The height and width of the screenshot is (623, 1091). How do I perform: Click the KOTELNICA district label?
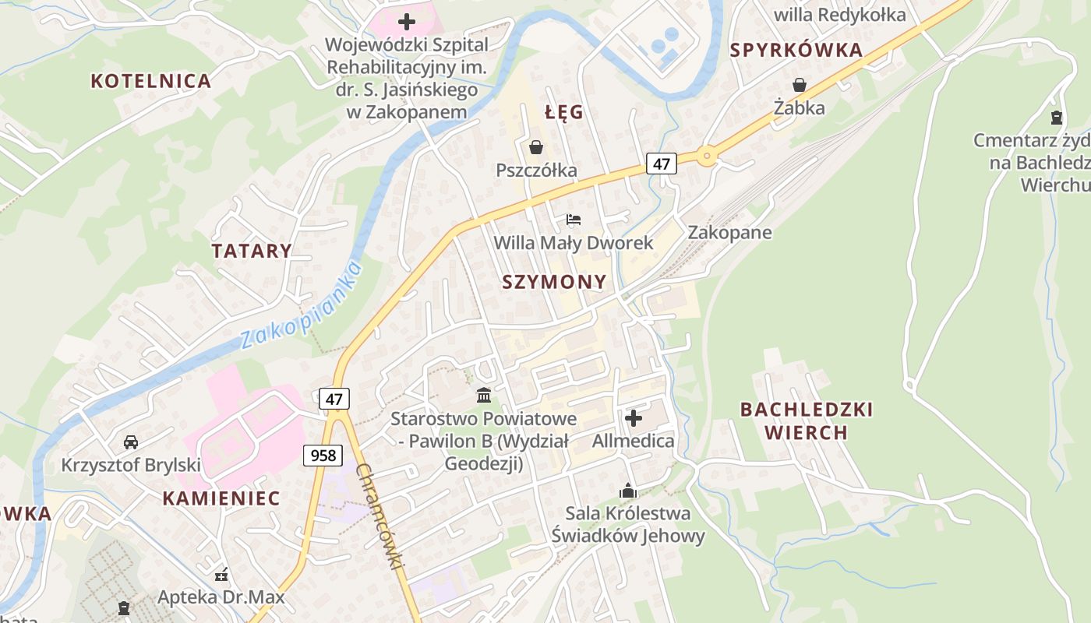(x=150, y=80)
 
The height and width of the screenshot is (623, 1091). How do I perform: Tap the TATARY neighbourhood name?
(x=252, y=251)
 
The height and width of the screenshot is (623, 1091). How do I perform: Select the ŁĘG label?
(x=564, y=112)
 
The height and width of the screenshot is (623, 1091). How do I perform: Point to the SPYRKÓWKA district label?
(x=796, y=51)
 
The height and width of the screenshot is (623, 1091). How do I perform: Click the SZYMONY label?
(x=554, y=282)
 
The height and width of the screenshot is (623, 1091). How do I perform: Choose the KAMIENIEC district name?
(x=221, y=498)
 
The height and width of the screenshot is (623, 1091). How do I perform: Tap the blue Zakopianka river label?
(x=302, y=306)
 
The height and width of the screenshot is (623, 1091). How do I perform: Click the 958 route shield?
(x=323, y=456)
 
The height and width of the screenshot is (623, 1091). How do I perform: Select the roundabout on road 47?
(x=707, y=156)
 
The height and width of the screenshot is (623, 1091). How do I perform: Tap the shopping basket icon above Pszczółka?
(x=536, y=147)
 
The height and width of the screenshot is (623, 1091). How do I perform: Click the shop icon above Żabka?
(x=800, y=85)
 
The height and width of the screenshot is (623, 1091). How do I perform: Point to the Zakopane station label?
(x=729, y=232)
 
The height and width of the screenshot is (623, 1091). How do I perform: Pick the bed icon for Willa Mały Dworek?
(x=574, y=220)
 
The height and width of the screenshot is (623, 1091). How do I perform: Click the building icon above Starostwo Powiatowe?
(x=483, y=395)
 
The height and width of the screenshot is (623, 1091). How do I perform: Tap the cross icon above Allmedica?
(x=634, y=418)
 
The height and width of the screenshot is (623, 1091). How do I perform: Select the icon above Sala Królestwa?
(x=627, y=491)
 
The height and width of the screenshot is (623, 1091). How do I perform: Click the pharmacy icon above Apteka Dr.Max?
(x=221, y=575)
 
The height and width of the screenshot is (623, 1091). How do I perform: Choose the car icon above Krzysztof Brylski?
(x=131, y=442)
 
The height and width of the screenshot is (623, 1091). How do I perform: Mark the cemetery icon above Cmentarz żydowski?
(x=1056, y=118)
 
